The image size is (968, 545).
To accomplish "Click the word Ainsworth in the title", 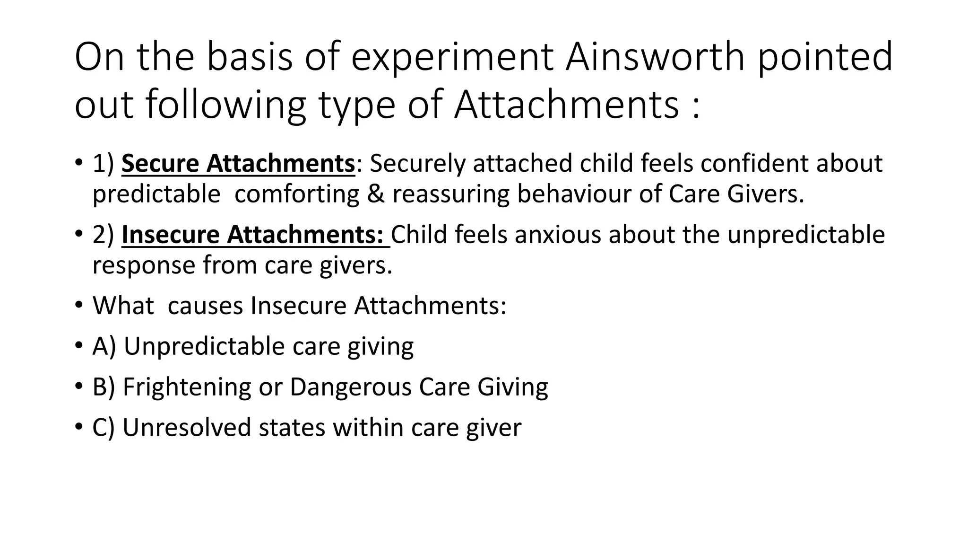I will point(656,57).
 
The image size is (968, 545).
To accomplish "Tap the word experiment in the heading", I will point(452,57).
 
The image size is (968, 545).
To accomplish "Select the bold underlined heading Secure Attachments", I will point(238,164).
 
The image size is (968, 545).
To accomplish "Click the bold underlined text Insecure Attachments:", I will point(255,235).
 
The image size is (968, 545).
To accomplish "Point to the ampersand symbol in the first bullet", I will point(376,194).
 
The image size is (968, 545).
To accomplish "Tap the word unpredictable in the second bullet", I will point(806,235).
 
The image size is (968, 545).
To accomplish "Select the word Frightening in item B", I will point(187,387).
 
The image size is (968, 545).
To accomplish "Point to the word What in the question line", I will point(123,306).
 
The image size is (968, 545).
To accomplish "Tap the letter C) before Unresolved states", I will point(104,428).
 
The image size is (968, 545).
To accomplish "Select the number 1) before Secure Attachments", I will point(104,164).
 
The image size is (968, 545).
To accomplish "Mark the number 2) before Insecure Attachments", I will point(104,235).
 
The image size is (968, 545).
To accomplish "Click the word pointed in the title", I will point(825,57).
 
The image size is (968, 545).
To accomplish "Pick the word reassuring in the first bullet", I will point(451,194).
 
